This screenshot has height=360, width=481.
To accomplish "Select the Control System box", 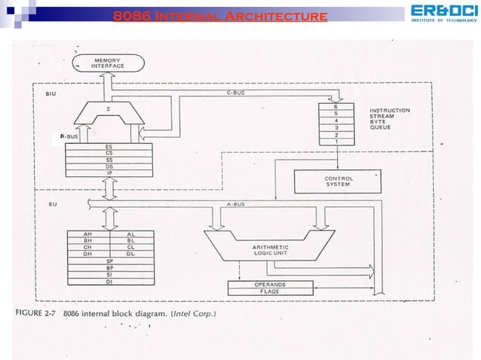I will (x=339, y=181).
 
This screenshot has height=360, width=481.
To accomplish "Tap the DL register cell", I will (x=130, y=254).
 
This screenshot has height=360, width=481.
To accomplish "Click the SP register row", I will (x=109, y=261).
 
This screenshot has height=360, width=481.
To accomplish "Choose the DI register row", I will (x=109, y=281).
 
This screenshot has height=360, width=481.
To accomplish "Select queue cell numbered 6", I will (x=335, y=108).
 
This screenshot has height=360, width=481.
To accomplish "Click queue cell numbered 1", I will (x=335, y=142).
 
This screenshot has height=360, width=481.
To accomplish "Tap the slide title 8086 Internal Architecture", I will (x=219, y=15).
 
